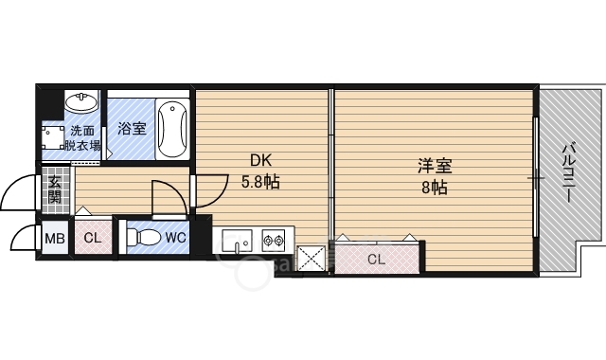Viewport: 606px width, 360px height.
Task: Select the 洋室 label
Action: click(435, 167)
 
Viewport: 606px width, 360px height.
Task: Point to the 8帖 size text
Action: click(435, 187)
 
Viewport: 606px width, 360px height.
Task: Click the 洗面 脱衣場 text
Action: click(82, 138)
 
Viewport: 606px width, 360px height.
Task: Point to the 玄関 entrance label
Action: click(55, 191)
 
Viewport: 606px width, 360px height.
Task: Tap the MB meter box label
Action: click(55, 238)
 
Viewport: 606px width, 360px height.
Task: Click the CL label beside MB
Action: click(92, 238)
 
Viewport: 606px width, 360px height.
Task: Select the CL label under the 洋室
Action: click(376, 259)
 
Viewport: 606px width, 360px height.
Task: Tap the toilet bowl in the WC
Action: click(142, 237)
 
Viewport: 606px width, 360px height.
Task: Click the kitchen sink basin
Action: click(237, 243)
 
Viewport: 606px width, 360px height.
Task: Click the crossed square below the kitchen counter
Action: click(311, 259)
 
